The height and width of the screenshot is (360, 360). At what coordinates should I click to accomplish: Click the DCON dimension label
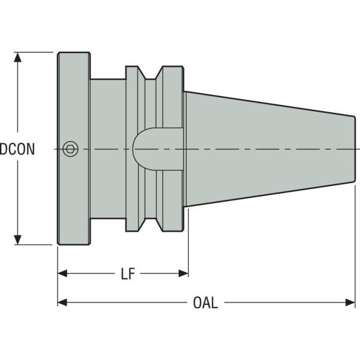(x=17, y=149)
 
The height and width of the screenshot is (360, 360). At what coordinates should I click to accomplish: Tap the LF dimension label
(x=128, y=274)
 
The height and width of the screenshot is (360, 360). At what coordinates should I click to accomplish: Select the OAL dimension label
(x=205, y=302)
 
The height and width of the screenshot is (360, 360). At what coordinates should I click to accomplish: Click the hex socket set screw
(x=70, y=149)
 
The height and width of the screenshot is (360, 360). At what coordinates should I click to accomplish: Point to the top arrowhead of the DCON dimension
(x=17, y=58)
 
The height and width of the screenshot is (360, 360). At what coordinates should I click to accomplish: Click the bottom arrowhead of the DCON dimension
(x=17, y=239)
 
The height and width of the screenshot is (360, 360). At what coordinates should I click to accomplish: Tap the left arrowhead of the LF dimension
(x=62, y=274)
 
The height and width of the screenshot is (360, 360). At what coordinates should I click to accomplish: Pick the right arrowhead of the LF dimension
(x=183, y=274)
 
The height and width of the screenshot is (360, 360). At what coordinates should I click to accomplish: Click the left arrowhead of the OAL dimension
(x=62, y=302)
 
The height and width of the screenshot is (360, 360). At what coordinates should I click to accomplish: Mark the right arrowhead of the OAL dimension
(x=350, y=302)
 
